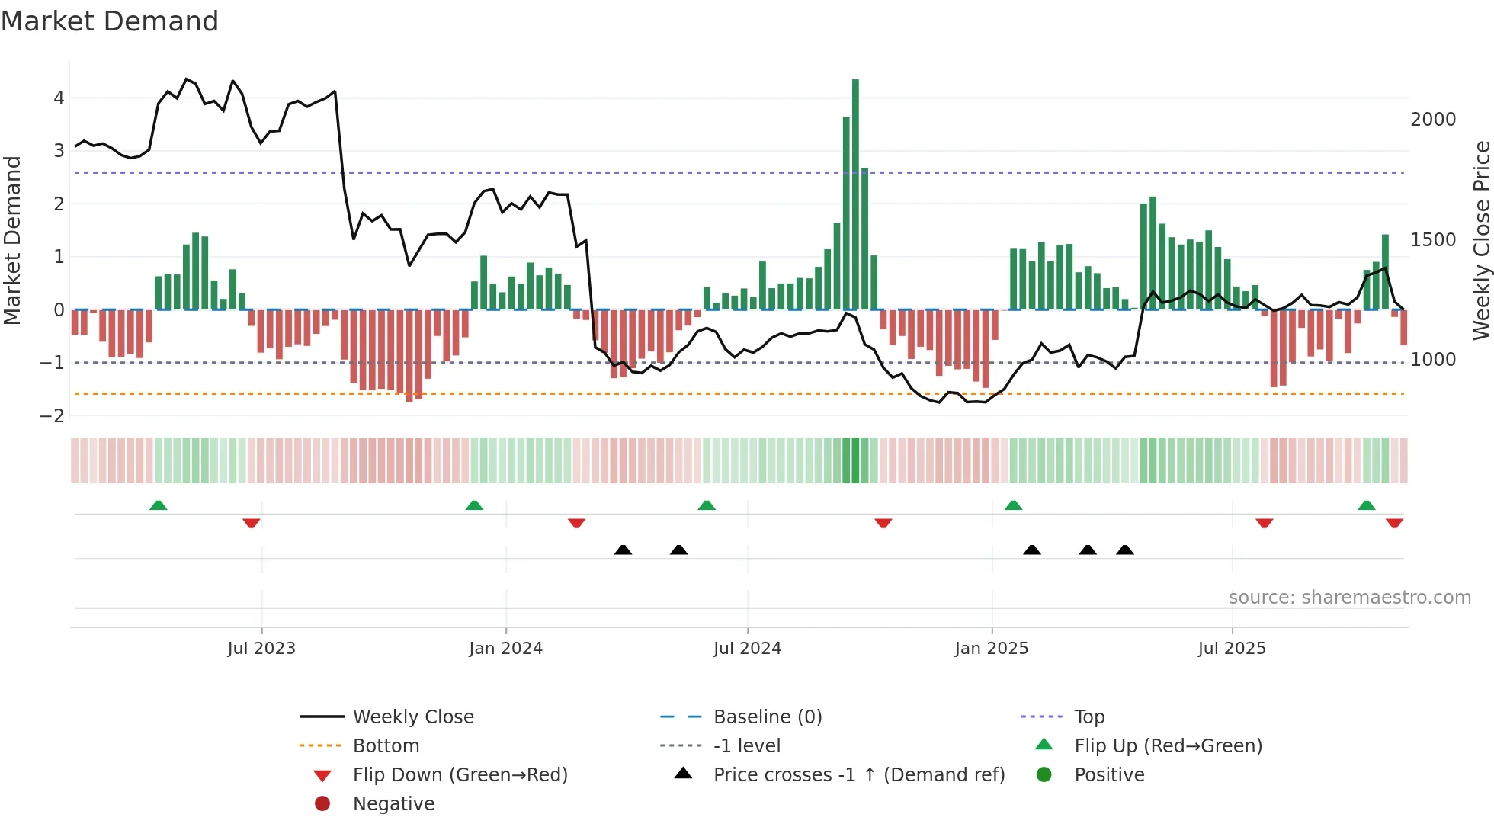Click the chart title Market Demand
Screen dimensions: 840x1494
coord(110,21)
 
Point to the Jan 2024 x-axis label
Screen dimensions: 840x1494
coord(505,649)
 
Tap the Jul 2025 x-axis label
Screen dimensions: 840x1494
coord(1231,649)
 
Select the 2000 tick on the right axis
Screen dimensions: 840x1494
coord(1433,120)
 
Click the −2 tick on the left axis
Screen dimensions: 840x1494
coord(53,416)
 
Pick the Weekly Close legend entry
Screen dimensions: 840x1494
coord(412,717)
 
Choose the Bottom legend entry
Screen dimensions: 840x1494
coord(386,746)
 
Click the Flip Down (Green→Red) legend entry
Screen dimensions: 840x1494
coord(460,775)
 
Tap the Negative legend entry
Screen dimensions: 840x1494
coord(393,804)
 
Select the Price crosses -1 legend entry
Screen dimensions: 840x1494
coord(859,775)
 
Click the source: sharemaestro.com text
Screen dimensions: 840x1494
coord(1349,598)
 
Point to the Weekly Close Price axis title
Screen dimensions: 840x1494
coord(1481,240)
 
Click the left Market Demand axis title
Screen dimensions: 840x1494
coord(13,240)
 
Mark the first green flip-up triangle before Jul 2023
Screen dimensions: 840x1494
coord(159,506)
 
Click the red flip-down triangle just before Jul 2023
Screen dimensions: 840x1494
coord(252,523)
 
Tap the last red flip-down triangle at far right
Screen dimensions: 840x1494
coord(1394,523)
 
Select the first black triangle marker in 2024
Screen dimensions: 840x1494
coord(623,550)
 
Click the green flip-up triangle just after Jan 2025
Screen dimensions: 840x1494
coord(1013,506)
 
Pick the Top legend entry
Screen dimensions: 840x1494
coord(1088,717)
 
